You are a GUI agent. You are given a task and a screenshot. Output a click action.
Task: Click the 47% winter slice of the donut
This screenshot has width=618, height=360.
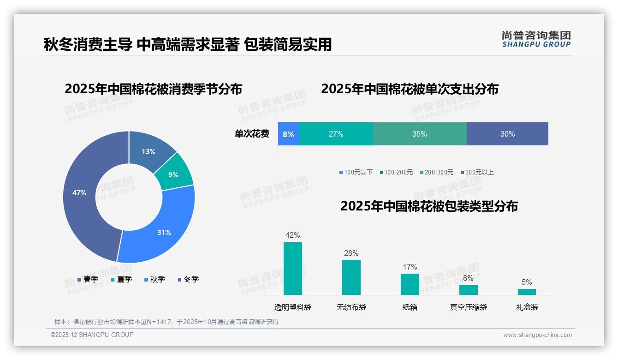click(x=79, y=193)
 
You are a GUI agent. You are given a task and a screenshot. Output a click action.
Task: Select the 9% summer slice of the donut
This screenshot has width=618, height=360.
click(x=173, y=174)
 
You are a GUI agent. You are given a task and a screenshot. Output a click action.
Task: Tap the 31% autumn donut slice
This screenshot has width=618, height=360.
click(x=164, y=232)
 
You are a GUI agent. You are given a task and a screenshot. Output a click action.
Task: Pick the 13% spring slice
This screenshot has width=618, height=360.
click(x=149, y=151)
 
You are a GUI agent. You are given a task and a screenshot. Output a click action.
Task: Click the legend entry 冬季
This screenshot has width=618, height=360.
click(x=188, y=279)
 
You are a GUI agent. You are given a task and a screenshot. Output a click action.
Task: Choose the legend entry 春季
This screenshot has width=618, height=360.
click(x=87, y=279)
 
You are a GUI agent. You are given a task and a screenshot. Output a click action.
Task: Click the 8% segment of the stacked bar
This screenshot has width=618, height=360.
click(x=289, y=134)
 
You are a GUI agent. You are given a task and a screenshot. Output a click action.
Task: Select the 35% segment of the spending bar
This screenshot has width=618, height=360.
click(x=420, y=134)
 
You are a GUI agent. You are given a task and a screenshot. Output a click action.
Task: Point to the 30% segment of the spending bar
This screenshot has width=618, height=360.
click(x=507, y=134)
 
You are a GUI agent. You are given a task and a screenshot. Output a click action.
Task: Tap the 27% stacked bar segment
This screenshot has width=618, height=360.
click(x=336, y=134)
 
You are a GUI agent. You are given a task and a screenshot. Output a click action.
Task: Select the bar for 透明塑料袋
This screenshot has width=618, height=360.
click(x=293, y=268)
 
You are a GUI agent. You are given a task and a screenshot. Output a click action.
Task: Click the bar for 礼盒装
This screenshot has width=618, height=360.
click(x=527, y=292)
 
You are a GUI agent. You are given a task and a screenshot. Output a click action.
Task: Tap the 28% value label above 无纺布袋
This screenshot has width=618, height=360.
click(x=351, y=253)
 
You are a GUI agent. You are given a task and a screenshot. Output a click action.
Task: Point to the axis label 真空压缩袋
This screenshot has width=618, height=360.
click(x=469, y=307)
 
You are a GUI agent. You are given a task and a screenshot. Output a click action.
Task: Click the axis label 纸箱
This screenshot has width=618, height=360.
click(x=410, y=307)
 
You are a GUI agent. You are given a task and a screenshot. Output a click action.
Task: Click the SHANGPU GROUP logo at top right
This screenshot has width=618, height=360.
click(x=536, y=39)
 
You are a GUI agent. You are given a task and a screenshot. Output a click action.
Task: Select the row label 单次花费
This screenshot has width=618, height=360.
click(x=252, y=134)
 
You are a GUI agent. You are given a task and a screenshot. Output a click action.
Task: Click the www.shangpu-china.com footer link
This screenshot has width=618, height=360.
click(x=537, y=335)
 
